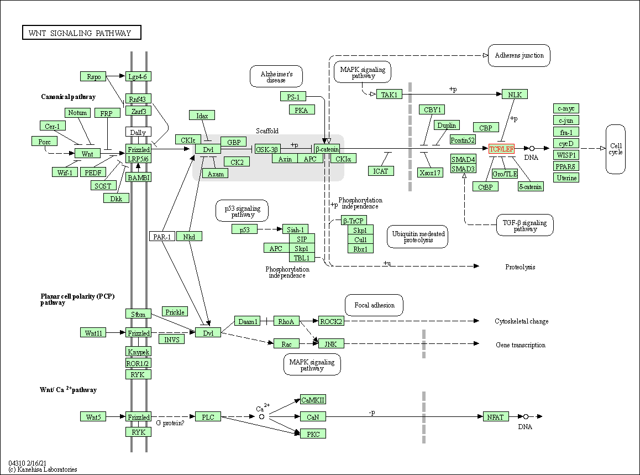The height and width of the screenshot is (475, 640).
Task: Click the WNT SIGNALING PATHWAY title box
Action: click(81, 33)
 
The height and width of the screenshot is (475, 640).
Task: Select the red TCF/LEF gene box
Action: click(501, 149)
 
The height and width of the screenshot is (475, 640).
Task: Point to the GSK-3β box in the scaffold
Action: click(267, 149)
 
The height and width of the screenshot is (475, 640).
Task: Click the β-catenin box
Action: click(327, 149)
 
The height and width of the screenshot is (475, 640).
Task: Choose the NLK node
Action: click(515, 95)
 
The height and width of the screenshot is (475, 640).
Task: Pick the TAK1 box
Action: click(389, 95)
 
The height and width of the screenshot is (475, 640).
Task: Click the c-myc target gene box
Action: click(566, 108)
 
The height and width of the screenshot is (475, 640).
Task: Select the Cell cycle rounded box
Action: click(615, 148)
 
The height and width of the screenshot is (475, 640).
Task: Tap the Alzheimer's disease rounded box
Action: click(276, 76)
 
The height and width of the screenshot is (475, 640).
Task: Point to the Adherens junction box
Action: click(519, 55)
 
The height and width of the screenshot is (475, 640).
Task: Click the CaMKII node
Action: click(313, 400)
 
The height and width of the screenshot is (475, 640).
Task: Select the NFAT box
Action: click(495, 416)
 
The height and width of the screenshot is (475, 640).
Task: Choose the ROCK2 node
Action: click(331, 321)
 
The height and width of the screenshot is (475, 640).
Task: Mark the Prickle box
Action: click(175, 312)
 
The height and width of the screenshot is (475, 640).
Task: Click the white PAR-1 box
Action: click(161, 237)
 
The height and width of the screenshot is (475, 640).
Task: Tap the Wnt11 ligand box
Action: click(93, 333)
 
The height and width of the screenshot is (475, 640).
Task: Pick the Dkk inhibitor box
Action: click(116, 198)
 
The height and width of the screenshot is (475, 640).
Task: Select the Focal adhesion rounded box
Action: click(374, 305)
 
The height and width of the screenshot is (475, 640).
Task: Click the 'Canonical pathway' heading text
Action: click(68, 97)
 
